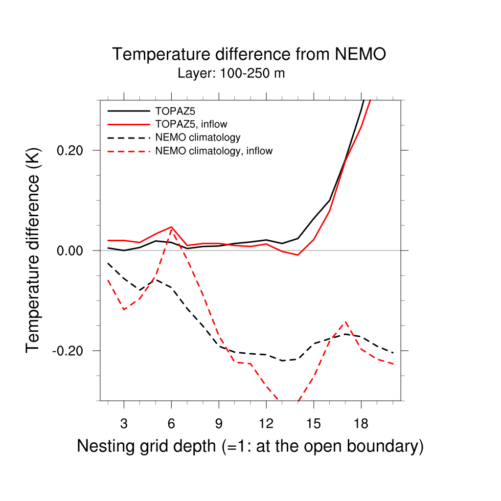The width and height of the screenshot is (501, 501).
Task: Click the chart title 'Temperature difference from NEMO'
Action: [x=249, y=54]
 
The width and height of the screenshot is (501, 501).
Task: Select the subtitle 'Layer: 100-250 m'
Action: [x=231, y=74]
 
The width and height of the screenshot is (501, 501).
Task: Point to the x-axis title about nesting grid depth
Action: [x=250, y=446]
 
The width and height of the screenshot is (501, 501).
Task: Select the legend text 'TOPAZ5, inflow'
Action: [x=191, y=124]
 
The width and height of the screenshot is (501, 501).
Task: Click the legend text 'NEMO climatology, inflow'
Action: [x=213, y=151]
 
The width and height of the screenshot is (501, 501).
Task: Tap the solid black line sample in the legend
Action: [x=129, y=111]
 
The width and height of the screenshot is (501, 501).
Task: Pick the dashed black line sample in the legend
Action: [x=129, y=137]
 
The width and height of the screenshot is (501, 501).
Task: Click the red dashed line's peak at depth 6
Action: [x=171, y=229]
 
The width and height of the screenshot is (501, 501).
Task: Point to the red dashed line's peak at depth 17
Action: [x=346, y=321]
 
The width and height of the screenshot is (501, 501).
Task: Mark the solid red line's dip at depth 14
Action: [x=297, y=255]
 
